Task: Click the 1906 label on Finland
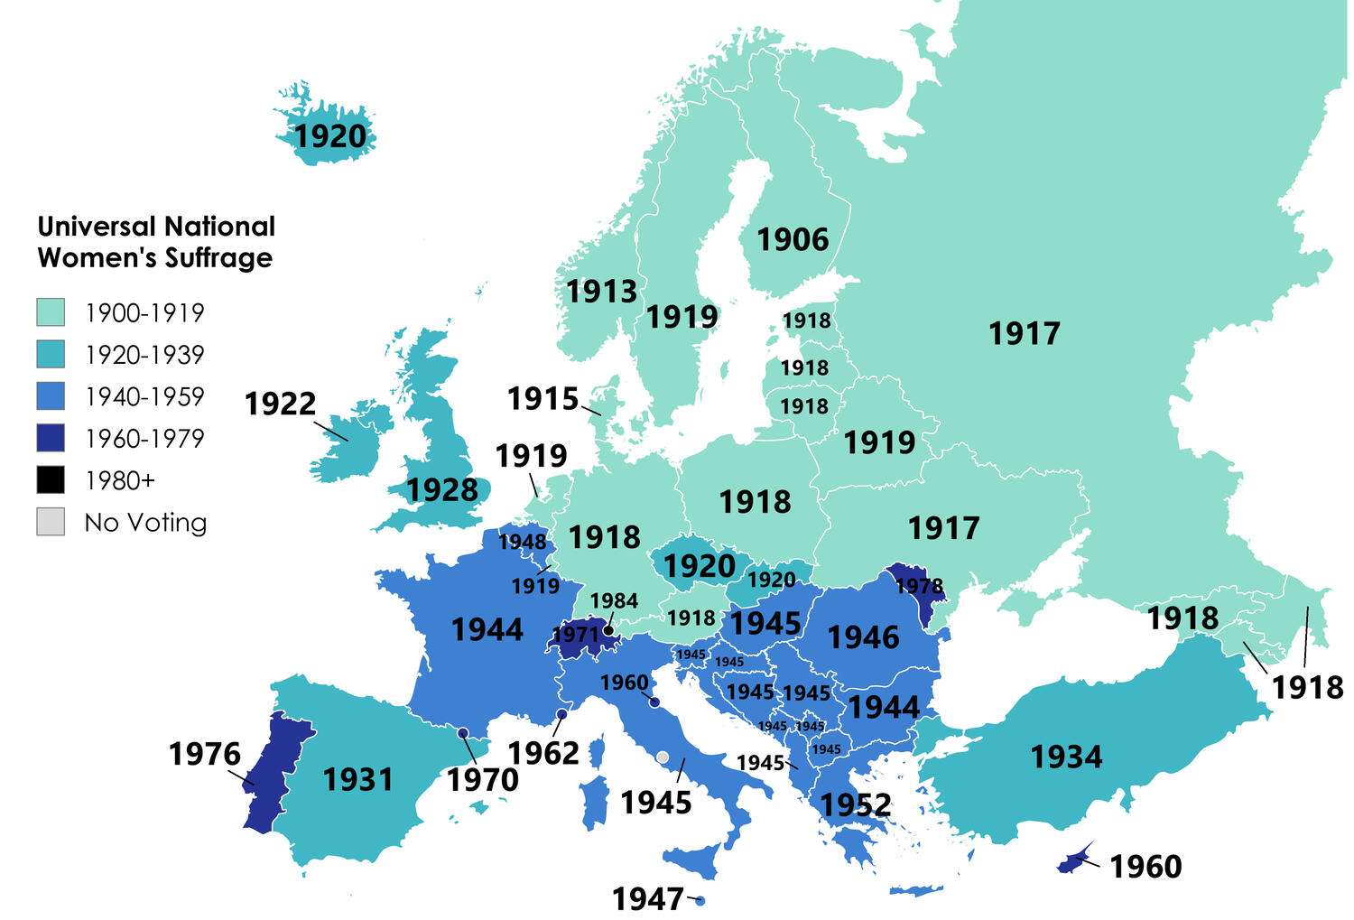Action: (x=792, y=240)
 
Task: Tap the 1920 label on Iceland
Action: (x=331, y=136)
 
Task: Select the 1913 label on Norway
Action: (x=601, y=292)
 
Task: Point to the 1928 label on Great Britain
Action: (x=441, y=490)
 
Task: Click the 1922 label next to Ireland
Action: (x=280, y=404)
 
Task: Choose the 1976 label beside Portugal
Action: (x=205, y=754)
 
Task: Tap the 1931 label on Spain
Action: (x=358, y=779)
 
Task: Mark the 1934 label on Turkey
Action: (x=1066, y=757)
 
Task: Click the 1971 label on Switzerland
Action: (x=575, y=635)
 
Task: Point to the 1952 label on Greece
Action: (x=855, y=804)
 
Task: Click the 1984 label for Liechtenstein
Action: (x=614, y=601)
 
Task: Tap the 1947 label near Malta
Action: (x=647, y=899)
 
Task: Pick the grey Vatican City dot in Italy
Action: (x=663, y=757)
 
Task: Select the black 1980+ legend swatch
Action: (x=51, y=480)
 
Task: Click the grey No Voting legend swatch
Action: (x=51, y=522)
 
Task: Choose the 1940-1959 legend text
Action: (x=144, y=396)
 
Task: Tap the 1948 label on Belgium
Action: (x=522, y=542)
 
